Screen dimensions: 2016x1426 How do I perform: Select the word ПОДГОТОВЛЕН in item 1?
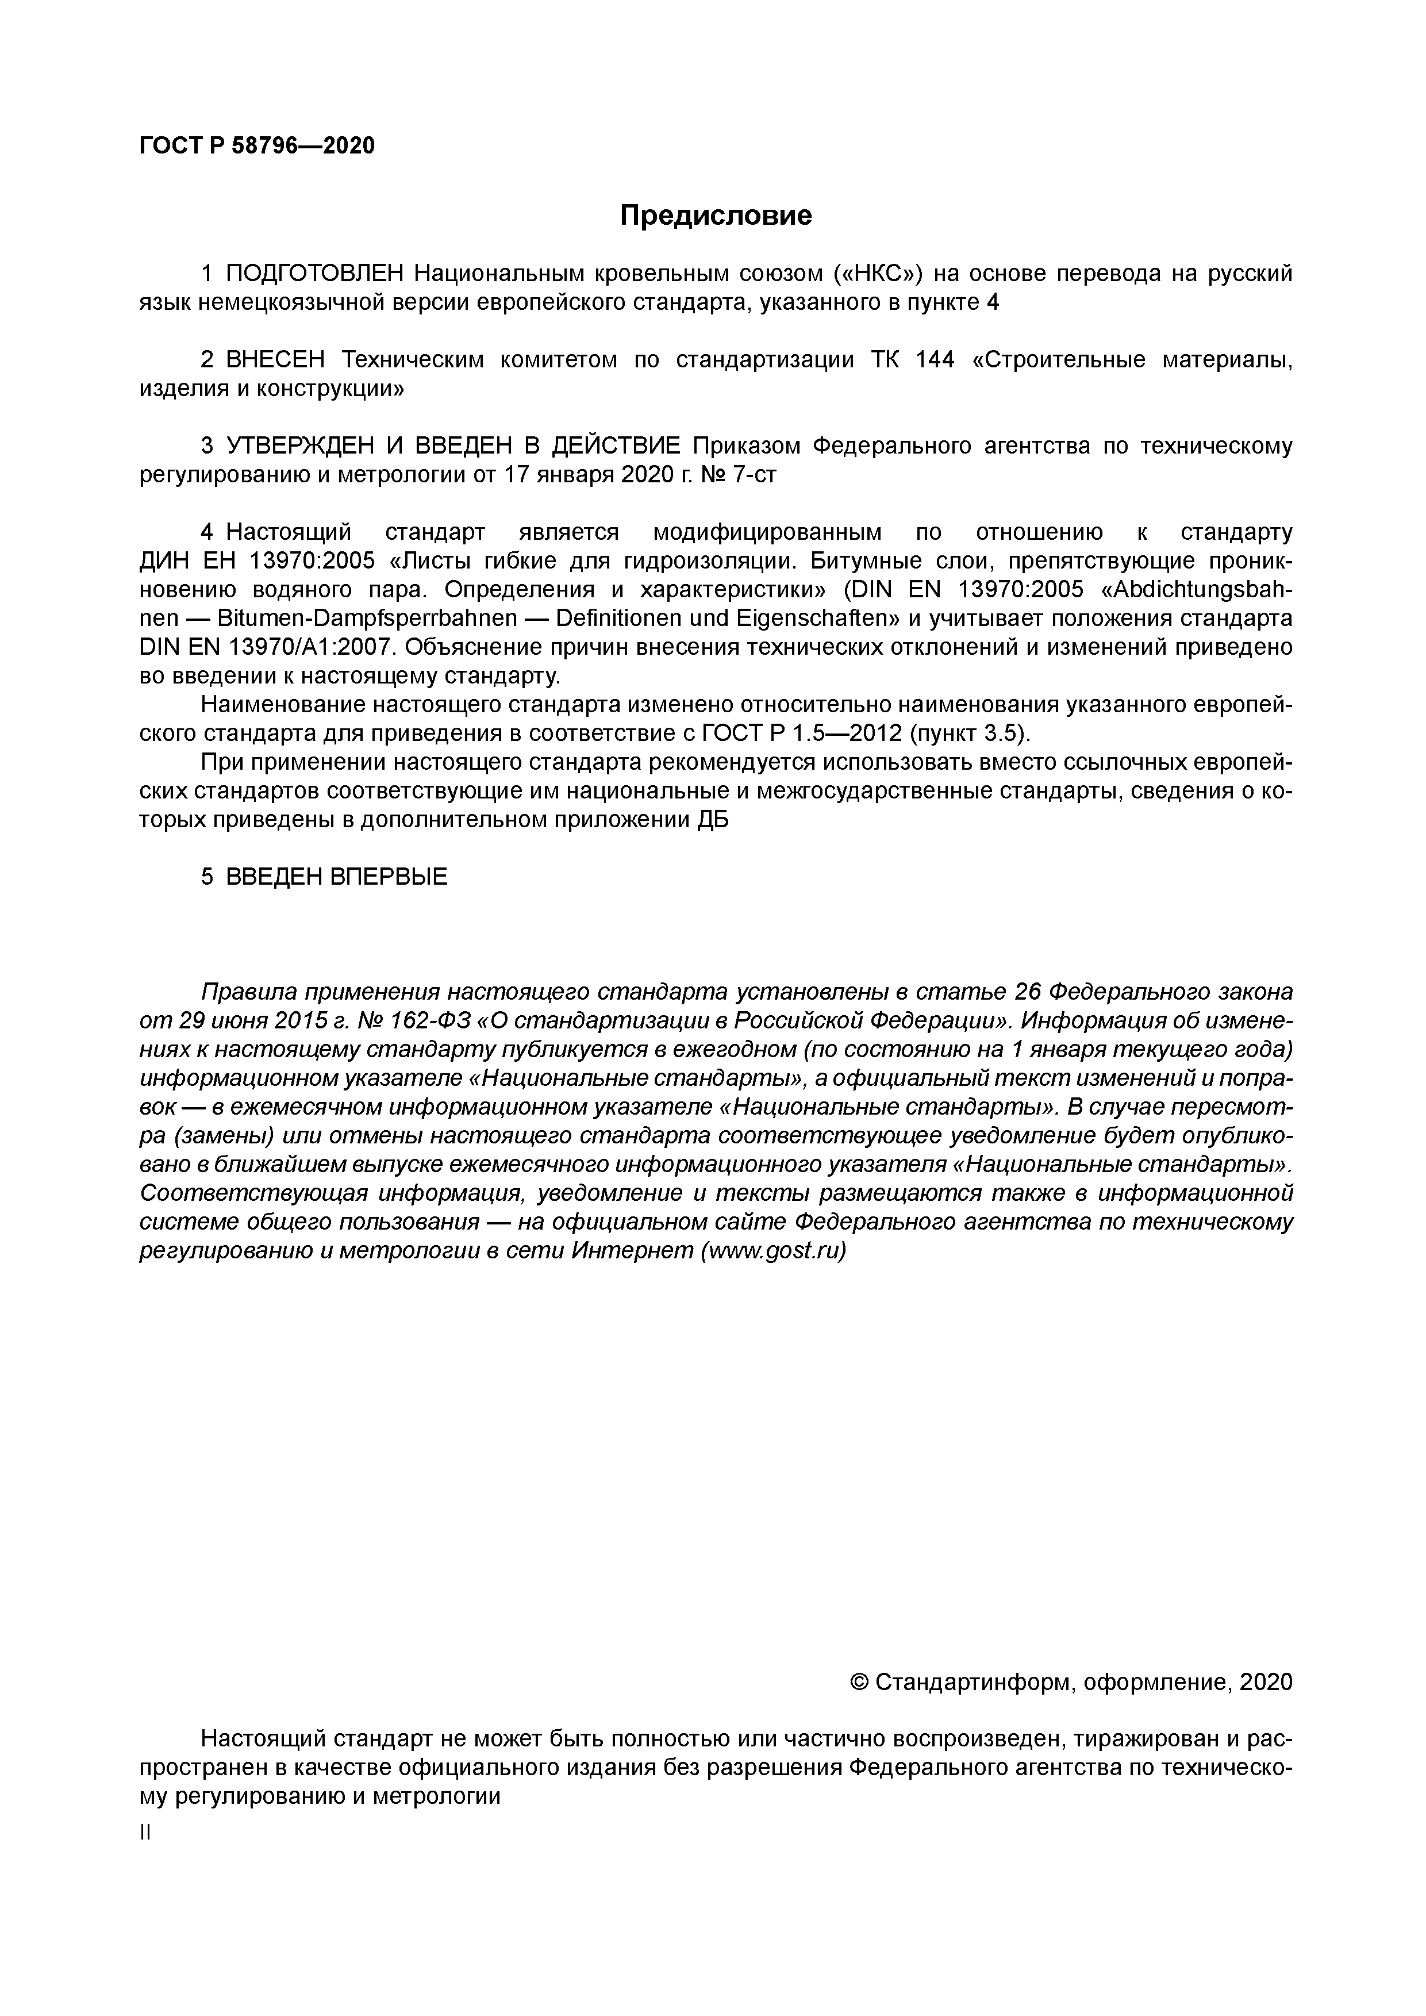click(x=315, y=274)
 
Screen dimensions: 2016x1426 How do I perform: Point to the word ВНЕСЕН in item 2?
click(x=276, y=360)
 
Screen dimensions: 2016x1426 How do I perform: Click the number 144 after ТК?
click(x=934, y=360)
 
